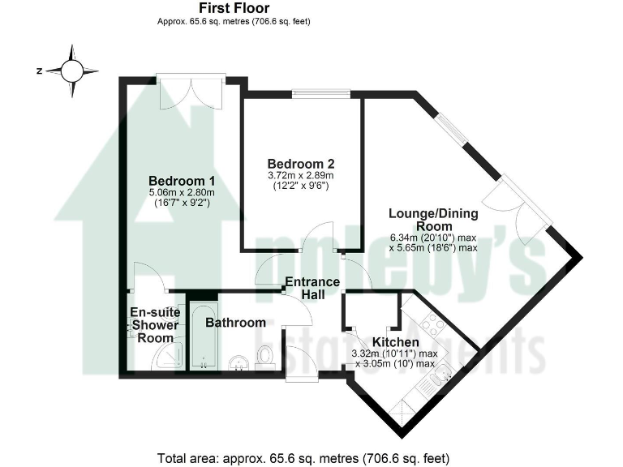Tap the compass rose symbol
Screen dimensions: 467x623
coord(71,71)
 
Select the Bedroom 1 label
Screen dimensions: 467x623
coord(181,180)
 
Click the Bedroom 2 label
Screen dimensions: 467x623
coord(301,162)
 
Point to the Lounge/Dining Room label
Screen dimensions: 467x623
coord(433,220)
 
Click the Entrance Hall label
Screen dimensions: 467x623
coord(311,289)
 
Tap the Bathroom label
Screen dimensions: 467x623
coord(235,323)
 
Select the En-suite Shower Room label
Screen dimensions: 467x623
coord(153,324)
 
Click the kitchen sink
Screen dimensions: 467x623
coord(445,374)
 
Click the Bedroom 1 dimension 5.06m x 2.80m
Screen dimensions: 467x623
coord(181,192)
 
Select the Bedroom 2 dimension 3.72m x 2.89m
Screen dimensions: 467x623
coord(301,175)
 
